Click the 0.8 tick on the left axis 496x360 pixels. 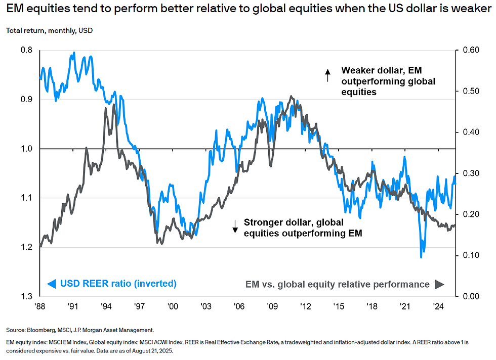coord(26,50)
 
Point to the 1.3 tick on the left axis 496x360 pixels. coord(26,296)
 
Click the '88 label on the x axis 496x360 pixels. coord(39,306)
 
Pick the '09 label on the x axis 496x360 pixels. coord(272,306)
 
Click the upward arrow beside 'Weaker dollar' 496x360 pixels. coord(327,75)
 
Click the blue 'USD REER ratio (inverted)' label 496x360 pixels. coord(117,284)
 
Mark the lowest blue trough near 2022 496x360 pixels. coord(421,257)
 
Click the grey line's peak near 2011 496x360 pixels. coord(291,96)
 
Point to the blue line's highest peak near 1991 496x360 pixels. coord(74,53)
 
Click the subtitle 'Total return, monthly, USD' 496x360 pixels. coord(49,30)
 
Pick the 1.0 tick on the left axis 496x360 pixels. coord(26,149)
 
